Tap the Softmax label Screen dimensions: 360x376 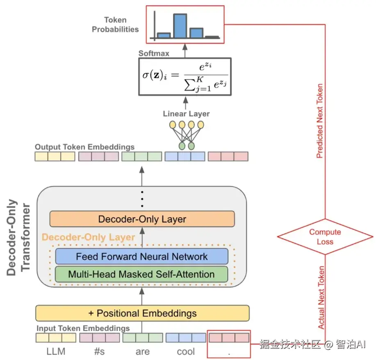pyautogui.click(x=154, y=53)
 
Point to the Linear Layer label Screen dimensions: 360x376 pyautogui.click(x=186, y=114)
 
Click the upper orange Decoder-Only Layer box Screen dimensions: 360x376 pyautogui.click(x=142, y=219)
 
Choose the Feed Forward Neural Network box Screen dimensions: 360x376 pyautogui.click(x=141, y=257)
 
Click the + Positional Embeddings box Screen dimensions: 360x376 pyautogui.click(x=142, y=313)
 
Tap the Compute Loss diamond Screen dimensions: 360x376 pyautogui.click(x=325, y=237)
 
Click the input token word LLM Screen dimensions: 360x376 pyautogui.click(x=55, y=352)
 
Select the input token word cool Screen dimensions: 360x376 pyautogui.click(x=186, y=352)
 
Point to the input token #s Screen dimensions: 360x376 pyautogui.click(x=99, y=352)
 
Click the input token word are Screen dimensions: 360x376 pyautogui.click(x=143, y=352)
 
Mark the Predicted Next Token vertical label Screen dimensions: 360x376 pyautogui.click(x=320, y=121)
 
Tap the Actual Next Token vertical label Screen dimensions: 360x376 pyautogui.click(x=321, y=298)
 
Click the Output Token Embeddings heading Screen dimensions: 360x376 pyautogui.click(x=84, y=147)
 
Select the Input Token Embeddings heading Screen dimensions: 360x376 pyautogui.click(x=83, y=328)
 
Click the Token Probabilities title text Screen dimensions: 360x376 pyautogui.click(x=115, y=25)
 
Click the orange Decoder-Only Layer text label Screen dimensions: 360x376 pyautogui.click(x=89, y=237)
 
